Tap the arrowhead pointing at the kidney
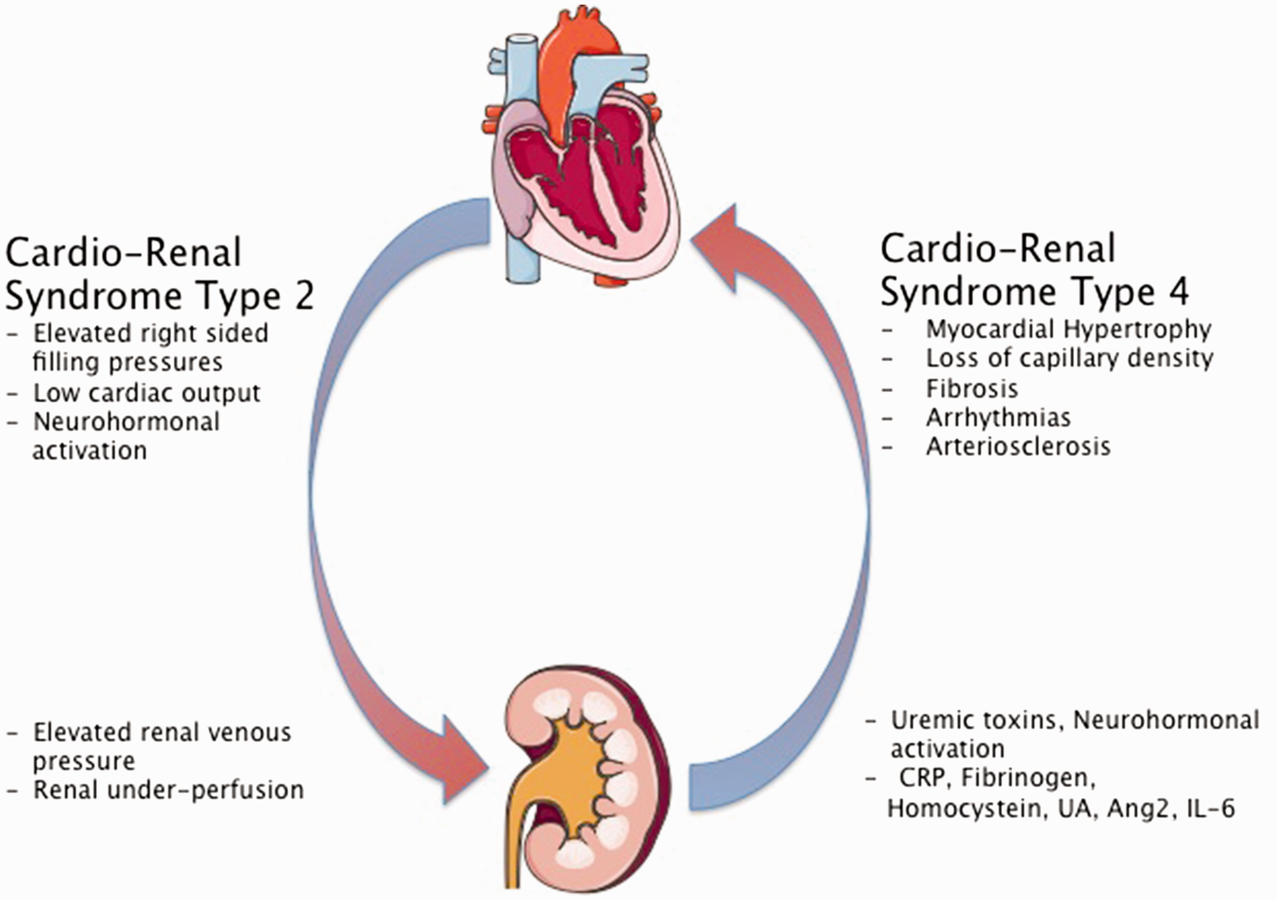click(464, 759)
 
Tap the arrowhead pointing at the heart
click(717, 248)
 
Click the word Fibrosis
click(971, 388)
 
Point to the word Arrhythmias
click(998, 418)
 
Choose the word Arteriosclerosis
click(1018, 447)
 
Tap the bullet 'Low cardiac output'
click(134, 393)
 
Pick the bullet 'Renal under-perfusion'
click(155, 789)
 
